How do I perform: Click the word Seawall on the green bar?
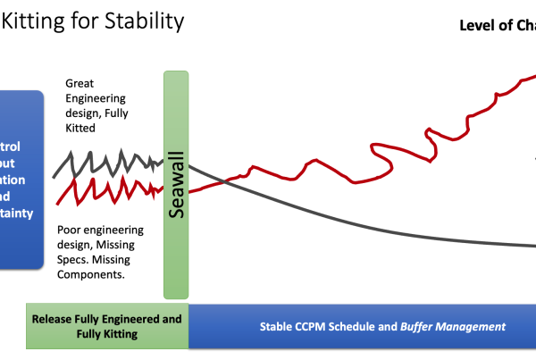click(x=176, y=184)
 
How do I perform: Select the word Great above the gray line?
click(x=80, y=83)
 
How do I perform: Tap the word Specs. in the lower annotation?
click(x=83, y=260)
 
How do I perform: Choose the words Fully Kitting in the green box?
click(x=106, y=334)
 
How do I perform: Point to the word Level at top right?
click(x=481, y=25)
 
